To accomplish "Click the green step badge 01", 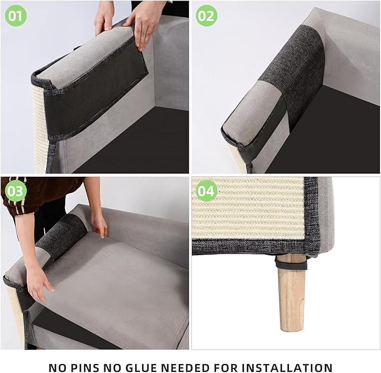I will point(16,15).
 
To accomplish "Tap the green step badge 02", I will point(206,15).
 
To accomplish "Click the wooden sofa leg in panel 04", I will point(292,297).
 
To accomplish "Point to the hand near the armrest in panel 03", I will point(99,224).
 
